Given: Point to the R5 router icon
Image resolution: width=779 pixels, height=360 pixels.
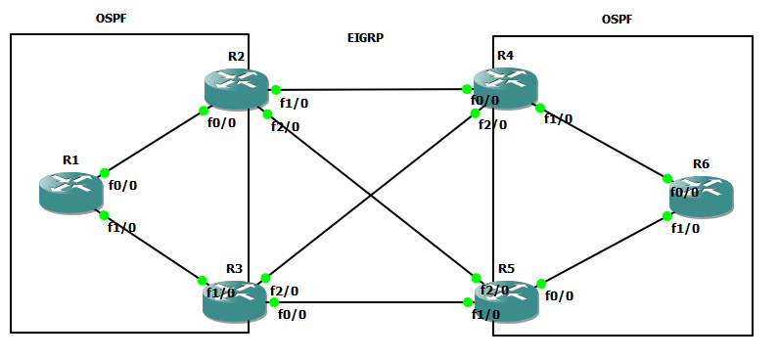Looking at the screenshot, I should pyautogui.click(x=505, y=297).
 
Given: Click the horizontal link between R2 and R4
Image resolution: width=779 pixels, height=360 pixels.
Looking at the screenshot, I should pyautogui.click(x=372, y=89).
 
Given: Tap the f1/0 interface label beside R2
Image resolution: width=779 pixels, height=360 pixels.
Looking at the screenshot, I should pyautogui.click(x=294, y=102).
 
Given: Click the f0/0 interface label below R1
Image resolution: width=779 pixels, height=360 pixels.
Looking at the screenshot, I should pyautogui.click(x=123, y=185).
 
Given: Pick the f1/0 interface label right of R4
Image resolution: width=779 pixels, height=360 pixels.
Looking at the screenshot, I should pyautogui.click(x=558, y=119).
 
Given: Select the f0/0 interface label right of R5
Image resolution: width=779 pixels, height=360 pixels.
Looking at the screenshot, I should pyautogui.click(x=560, y=295).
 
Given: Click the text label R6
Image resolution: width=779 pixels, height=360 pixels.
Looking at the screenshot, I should pyautogui.click(x=701, y=162).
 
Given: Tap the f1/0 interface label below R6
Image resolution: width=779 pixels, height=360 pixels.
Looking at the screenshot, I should pyautogui.click(x=685, y=228).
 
